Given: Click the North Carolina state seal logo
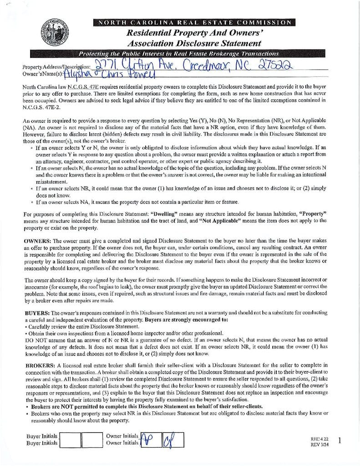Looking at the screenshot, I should (x=55, y=33).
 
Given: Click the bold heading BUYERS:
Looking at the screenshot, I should (x=37, y=313).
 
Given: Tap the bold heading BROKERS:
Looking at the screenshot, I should (x=40, y=365).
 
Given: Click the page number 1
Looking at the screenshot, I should (x=341, y=440).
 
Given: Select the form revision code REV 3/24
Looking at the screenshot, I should (x=319, y=444).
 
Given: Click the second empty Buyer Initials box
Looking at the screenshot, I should (x=92, y=439).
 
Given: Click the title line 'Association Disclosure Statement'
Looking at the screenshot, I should (x=194, y=44).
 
